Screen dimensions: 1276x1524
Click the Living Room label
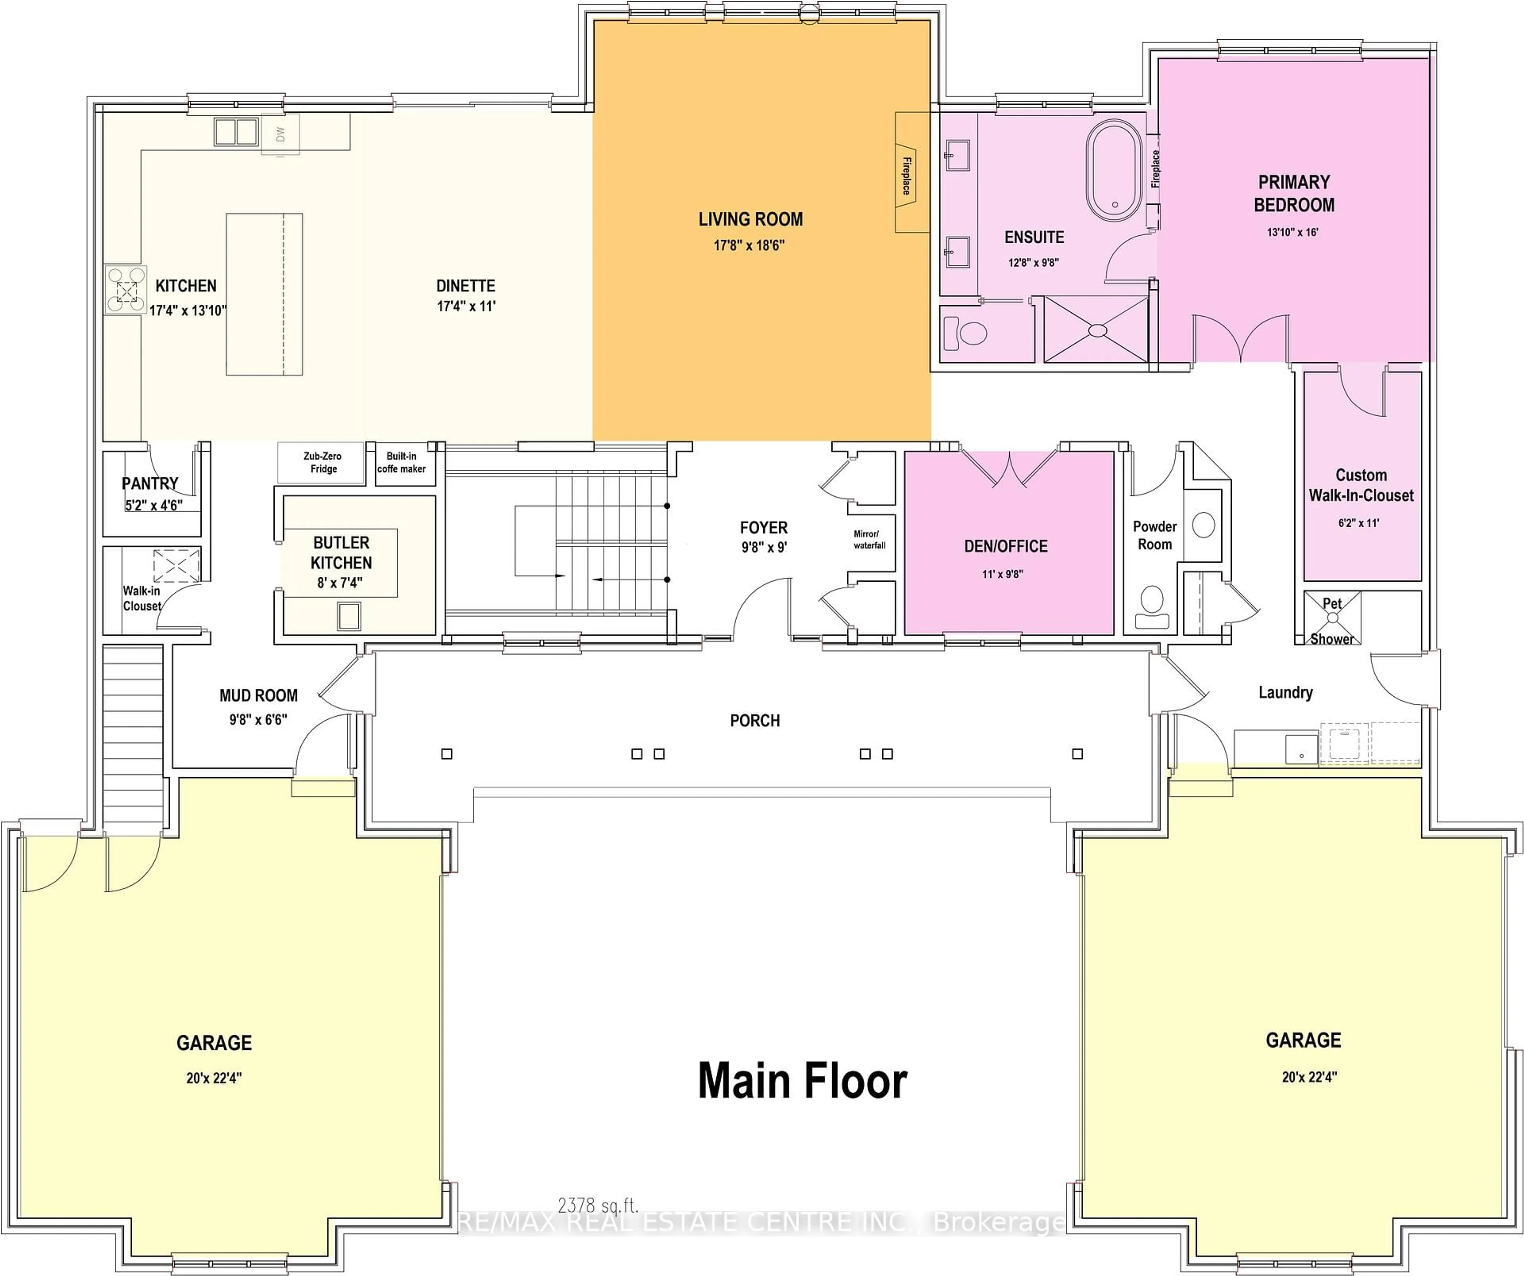pyautogui.click(x=750, y=219)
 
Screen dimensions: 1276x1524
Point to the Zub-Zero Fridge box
pyautogui.click(x=322, y=463)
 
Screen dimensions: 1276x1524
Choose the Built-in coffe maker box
pyautogui.click(x=401, y=463)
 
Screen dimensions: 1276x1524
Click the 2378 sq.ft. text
pyautogui.click(x=598, y=1206)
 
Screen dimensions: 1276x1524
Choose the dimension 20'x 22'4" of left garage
pyautogui.click(x=214, y=1078)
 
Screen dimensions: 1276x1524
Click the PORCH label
pyautogui.click(x=755, y=721)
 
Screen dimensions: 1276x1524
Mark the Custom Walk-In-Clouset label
pyautogui.click(x=1361, y=485)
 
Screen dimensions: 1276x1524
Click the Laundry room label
pyautogui.click(x=1285, y=692)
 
